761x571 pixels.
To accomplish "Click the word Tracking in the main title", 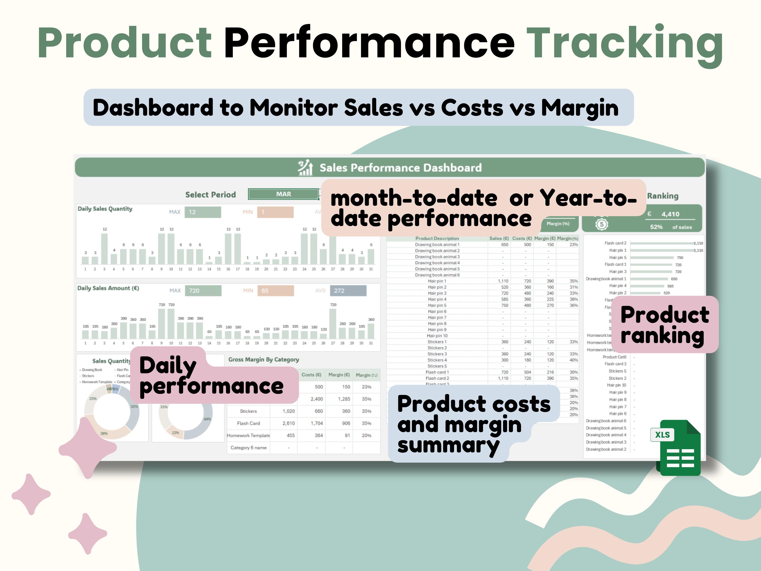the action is pos(625,43).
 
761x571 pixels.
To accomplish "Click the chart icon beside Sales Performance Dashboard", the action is pos(305,167).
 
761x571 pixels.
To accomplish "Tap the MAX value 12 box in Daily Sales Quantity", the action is pos(203,212).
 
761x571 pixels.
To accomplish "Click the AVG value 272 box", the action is pos(348,291).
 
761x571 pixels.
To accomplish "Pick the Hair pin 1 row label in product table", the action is pos(437,281).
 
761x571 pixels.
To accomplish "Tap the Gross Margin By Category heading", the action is pos(264,359).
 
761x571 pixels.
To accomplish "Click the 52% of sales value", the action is pos(656,227).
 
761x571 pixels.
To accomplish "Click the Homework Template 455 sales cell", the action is pos(290,435).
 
